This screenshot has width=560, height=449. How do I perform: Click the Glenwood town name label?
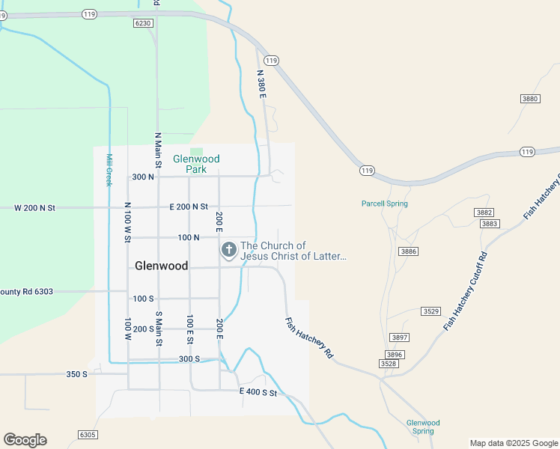point(161,266)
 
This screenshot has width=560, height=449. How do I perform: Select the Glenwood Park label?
point(196,164)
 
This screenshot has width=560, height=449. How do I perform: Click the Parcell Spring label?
point(384,204)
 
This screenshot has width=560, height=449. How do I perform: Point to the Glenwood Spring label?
point(423,427)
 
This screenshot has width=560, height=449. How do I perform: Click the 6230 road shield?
point(144,23)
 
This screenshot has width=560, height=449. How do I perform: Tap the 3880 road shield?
point(530,99)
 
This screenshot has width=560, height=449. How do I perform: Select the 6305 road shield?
point(88,435)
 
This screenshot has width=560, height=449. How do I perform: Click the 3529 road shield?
point(430,311)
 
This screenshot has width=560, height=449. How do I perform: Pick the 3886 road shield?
point(408,251)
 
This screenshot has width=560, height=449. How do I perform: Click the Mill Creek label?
point(109,170)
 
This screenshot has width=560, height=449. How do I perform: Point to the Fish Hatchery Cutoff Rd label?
point(466,291)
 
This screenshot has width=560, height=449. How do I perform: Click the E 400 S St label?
point(258,392)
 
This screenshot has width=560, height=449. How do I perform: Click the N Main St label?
point(158,150)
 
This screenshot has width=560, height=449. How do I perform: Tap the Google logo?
point(25,440)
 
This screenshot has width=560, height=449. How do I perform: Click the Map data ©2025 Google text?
point(514,443)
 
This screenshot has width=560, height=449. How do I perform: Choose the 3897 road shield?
point(399,337)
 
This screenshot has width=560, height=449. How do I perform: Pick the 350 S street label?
point(77,373)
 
